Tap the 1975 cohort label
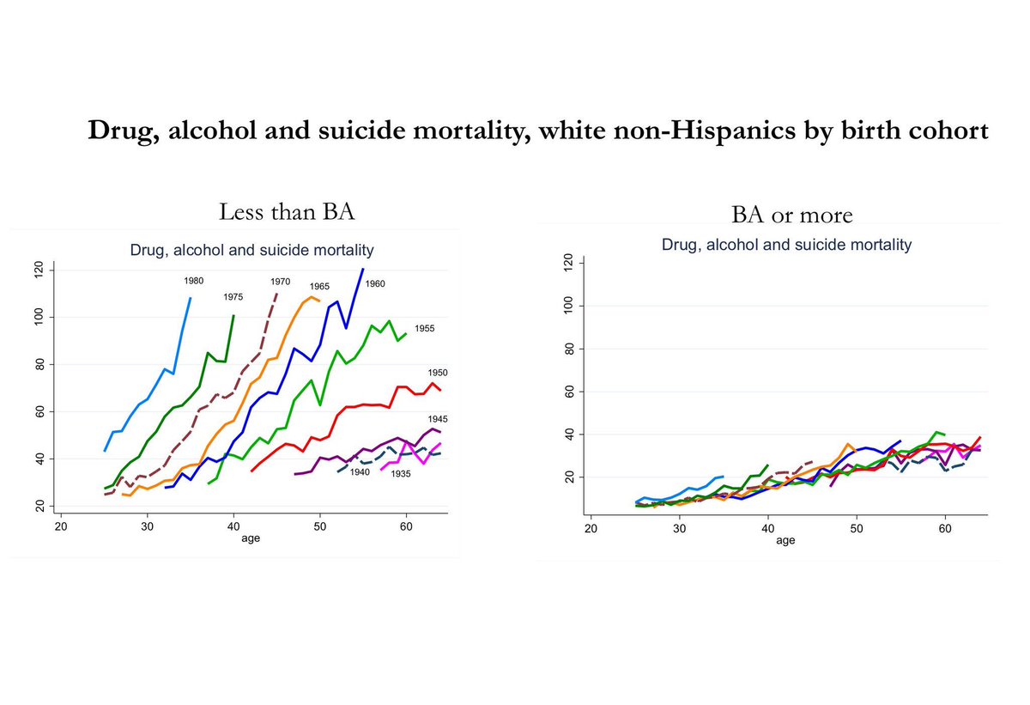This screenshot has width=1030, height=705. click(x=234, y=297)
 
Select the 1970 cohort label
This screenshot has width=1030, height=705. click(x=280, y=281)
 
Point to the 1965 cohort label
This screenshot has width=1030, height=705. click(x=319, y=286)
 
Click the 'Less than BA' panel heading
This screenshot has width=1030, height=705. click(x=275, y=211)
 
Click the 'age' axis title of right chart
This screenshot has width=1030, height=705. click(x=785, y=541)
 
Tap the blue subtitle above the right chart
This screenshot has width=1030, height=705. click(x=786, y=245)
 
